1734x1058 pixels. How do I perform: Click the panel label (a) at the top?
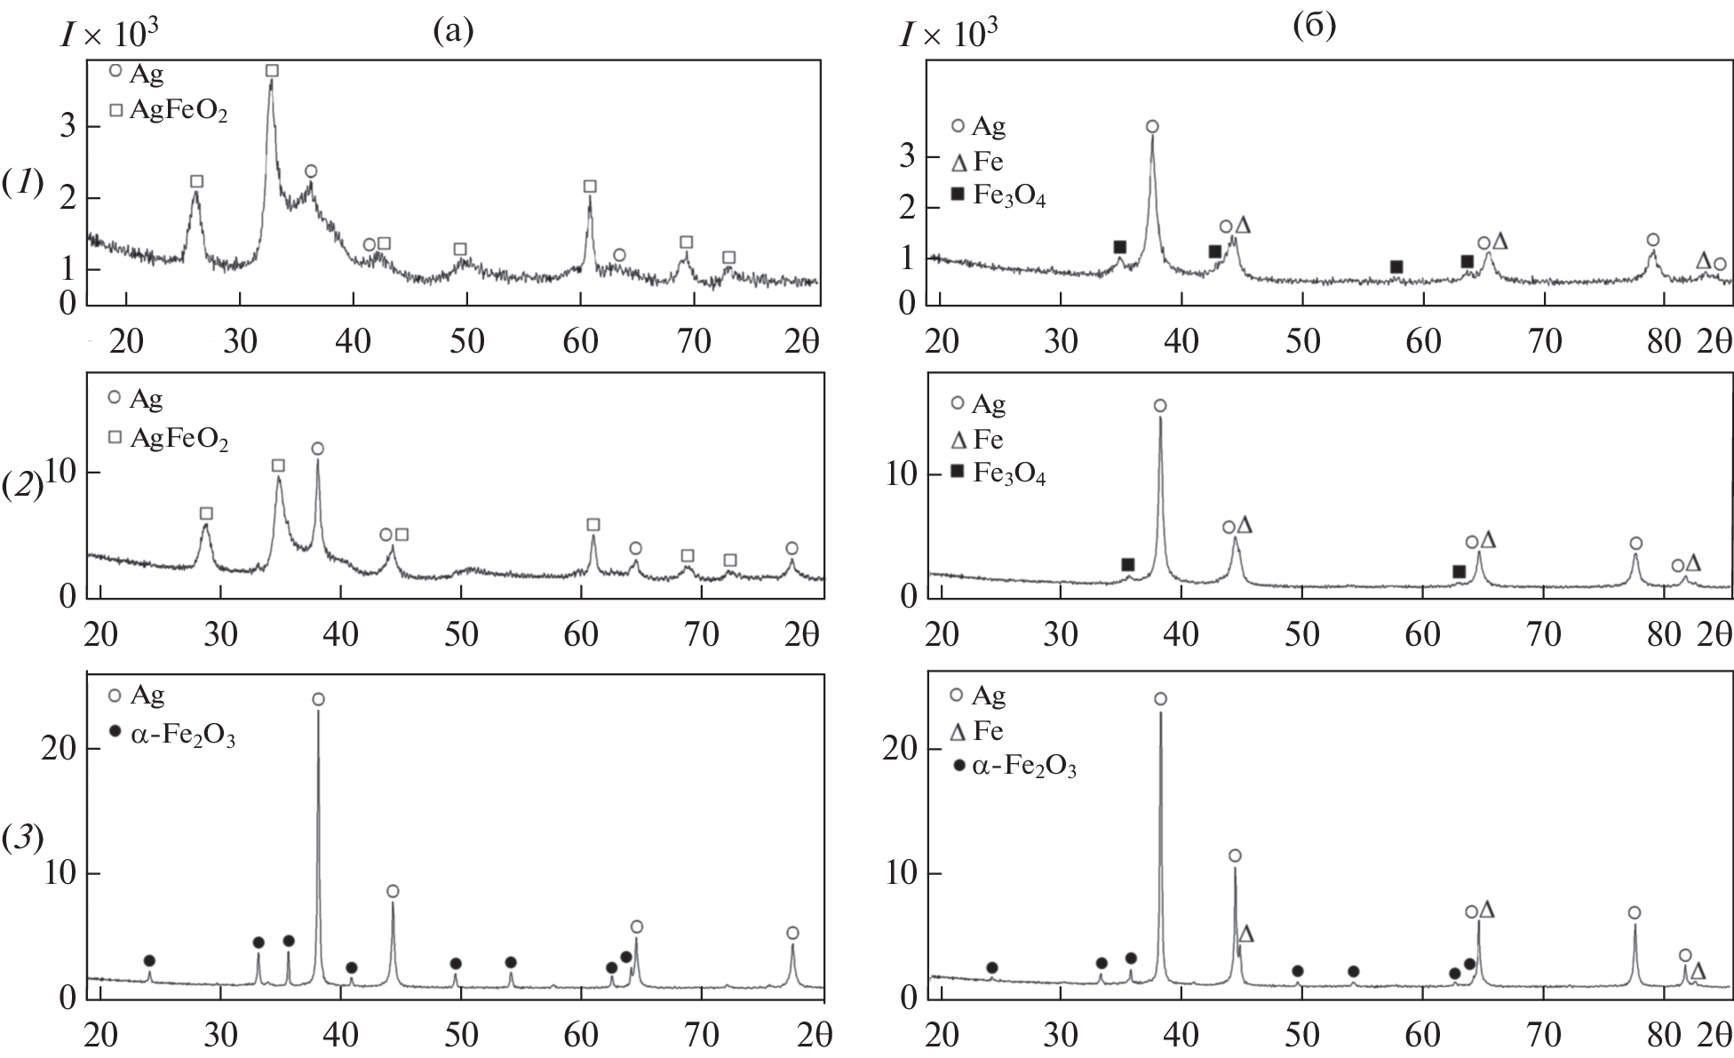[x=453, y=31]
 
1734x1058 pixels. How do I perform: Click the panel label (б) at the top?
[x=1314, y=27]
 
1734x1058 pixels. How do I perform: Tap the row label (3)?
[x=22, y=839]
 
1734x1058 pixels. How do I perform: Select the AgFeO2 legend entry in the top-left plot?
[x=169, y=111]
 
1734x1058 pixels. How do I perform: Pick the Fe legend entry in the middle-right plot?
[x=978, y=440]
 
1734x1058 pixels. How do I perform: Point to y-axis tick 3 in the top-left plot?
[x=68, y=127]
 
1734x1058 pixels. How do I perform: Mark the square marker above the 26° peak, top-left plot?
[x=197, y=181]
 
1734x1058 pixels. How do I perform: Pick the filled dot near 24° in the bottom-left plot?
[x=149, y=960]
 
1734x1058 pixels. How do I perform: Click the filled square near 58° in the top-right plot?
[x=1396, y=267]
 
